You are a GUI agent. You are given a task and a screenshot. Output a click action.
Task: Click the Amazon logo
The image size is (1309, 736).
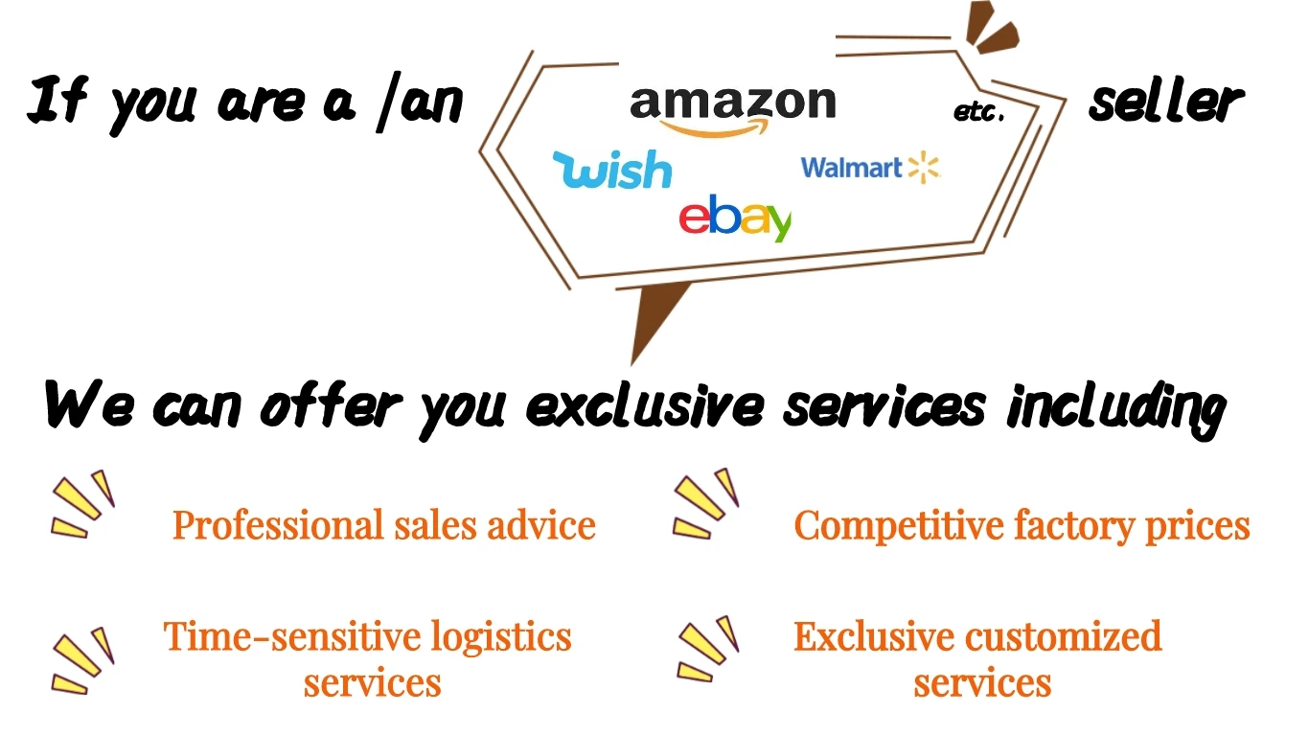(733, 107)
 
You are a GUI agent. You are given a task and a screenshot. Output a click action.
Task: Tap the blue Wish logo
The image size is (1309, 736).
(612, 170)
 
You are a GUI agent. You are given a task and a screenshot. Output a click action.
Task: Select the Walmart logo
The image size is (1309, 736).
(869, 168)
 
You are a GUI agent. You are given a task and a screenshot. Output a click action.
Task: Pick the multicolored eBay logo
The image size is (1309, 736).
(735, 218)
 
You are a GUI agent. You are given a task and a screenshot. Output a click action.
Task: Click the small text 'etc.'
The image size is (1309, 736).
(978, 113)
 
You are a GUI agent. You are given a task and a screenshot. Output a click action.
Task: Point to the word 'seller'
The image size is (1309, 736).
(1165, 102)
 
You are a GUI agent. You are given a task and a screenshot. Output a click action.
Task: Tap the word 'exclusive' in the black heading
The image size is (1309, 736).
(645, 406)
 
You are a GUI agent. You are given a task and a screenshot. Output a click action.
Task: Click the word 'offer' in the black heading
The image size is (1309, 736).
(329, 406)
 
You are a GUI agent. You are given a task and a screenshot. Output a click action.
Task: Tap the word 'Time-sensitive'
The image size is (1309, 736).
(292, 636)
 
